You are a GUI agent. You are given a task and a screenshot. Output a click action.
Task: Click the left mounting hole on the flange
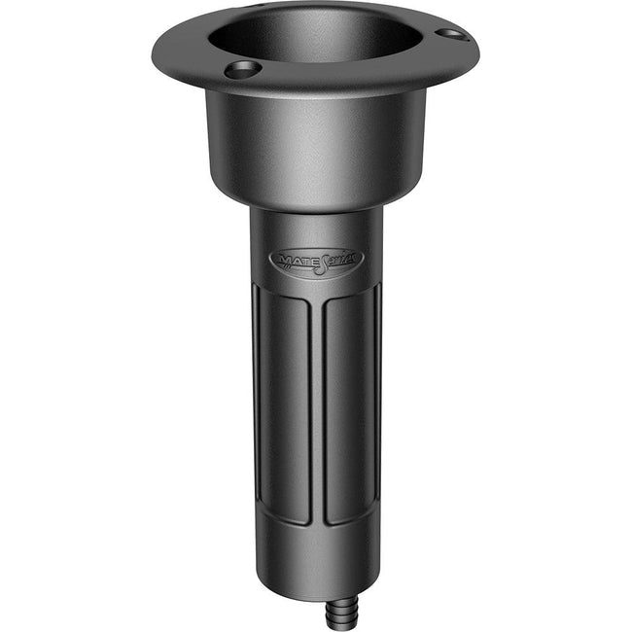point(241,69)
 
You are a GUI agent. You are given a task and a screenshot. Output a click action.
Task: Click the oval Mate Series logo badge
point(314,261)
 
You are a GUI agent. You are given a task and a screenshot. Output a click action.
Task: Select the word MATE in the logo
point(295,261)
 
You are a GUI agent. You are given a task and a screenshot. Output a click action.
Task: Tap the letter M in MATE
point(283,261)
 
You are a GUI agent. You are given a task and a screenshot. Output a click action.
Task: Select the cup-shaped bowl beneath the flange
point(316,146)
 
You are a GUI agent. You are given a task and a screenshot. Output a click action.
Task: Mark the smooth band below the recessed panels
point(316,554)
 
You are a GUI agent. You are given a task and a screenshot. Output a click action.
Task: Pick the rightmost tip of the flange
point(475,44)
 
